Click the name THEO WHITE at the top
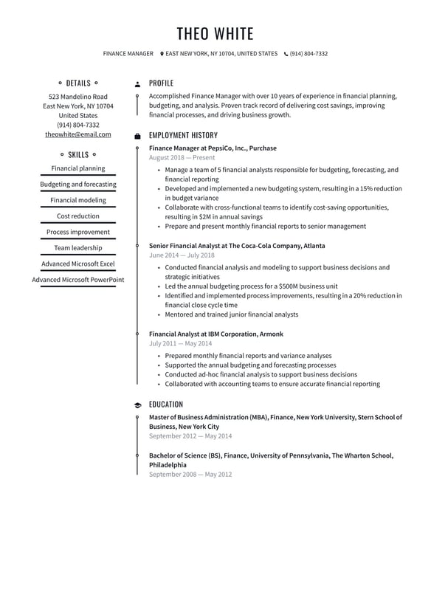coord(215,33)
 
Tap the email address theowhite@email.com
coord(78,134)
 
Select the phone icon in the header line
coord(286,54)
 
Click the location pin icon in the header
coord(162,54)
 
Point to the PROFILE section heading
coord(161,83)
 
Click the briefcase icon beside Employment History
coord(137,136)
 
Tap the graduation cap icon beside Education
coord(137,405)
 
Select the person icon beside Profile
coord(137,84)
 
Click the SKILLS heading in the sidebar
coord(78,155)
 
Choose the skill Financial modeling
coord(78,200)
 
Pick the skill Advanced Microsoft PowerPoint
coord(78,280)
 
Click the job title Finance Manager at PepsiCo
coord(213,148)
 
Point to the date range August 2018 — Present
coord(182,158)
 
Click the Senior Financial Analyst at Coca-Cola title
coord(236,246)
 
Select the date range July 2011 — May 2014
coord(180,343)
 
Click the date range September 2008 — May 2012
coord(190,475)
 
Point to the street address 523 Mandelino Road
coord(78,97)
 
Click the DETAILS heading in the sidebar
coord(78,83)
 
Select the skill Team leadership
coord(78,248)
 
